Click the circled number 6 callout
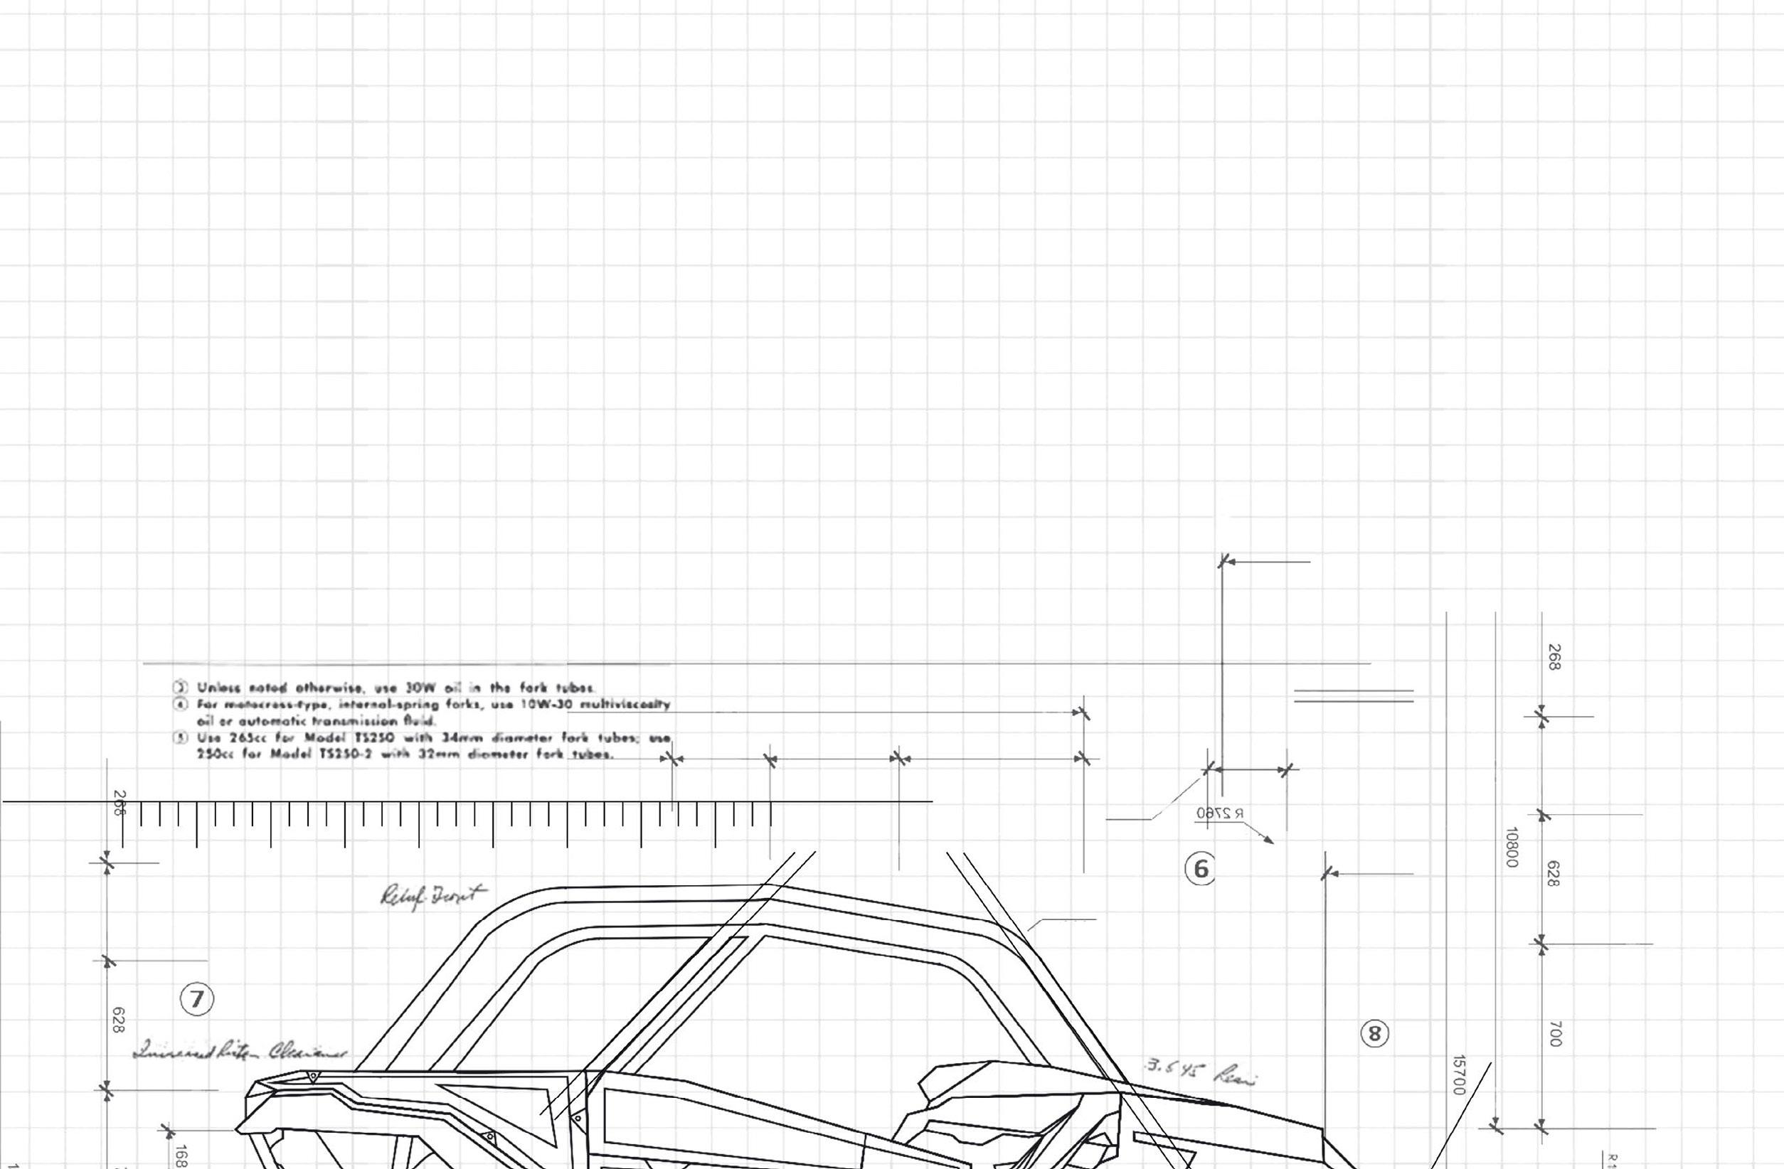[1200, 869]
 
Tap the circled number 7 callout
[197, 999]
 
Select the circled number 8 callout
[1374, 1034]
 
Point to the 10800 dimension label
[1511, 848]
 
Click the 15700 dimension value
[1459, 1075]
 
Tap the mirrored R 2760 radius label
[1221, 813]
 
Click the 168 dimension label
[181, 1155]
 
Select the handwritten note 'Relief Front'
[432, 895]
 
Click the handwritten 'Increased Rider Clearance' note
[240, 1052]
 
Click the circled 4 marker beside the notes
[181, 705]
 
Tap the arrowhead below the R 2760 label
[1268, 840]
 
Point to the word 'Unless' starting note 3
[218, 687]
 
